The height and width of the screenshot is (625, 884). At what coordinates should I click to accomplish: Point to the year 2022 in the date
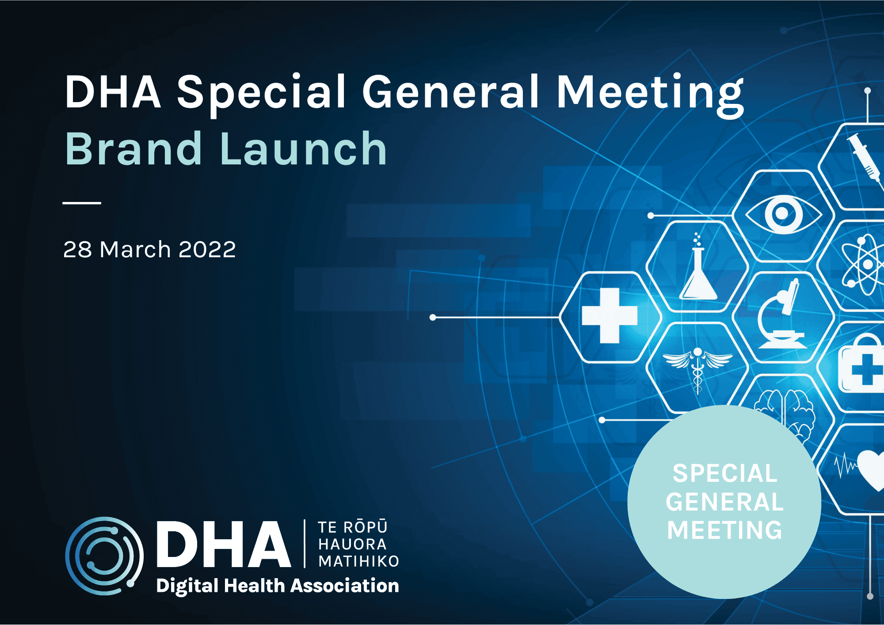click(x=207, y=249)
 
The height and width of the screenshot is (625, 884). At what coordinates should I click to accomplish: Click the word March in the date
click(x=135, y=249)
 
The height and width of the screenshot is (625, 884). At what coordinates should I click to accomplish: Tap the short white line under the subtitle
click(x=82, y=203)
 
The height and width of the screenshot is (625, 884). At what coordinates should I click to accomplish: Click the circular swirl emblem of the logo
click(x=104, y=556)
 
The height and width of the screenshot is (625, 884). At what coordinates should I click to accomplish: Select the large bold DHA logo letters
click(x=224, y=544)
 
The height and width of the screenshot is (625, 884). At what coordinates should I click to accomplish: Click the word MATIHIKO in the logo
click(x=358, y=561)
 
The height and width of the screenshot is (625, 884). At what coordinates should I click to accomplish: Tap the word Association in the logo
click(x=345, y=586)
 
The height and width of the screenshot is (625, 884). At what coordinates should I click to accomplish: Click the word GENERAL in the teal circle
click(x=724, y=502)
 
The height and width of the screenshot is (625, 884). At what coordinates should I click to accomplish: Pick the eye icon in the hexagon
click(x=783, y=214)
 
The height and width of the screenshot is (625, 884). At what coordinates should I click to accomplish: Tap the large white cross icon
click(x=610, y=316)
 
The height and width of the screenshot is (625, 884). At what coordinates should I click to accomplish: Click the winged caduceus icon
click(x=697, y=367)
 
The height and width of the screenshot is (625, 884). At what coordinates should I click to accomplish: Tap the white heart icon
click(x=872, y=469)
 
